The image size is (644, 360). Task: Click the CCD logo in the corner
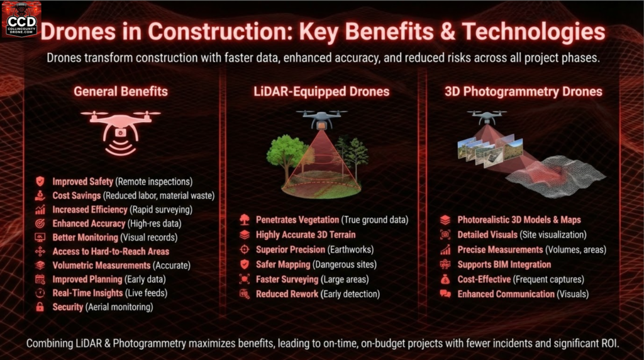pos(21,20)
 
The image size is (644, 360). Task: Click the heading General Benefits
pos(121,91)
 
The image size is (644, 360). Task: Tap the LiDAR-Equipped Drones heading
pos(321,91)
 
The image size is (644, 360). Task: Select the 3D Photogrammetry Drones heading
pos(523,91)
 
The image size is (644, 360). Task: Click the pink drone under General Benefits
pos(120,132)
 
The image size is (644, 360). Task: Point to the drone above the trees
pos(321,119)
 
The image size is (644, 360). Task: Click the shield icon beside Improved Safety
pos(40,181)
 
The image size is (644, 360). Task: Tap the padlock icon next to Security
pos(40,307)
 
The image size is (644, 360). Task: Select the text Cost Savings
pos(76,196)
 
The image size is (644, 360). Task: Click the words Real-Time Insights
pos(87,293)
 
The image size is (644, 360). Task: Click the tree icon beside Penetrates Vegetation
pos(245,220)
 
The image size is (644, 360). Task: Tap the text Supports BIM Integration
pos(504,265)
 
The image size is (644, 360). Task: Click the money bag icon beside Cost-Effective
pos(445,279)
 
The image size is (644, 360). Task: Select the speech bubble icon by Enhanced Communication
pos(445,294)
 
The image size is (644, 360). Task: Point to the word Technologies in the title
pos(533,31)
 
